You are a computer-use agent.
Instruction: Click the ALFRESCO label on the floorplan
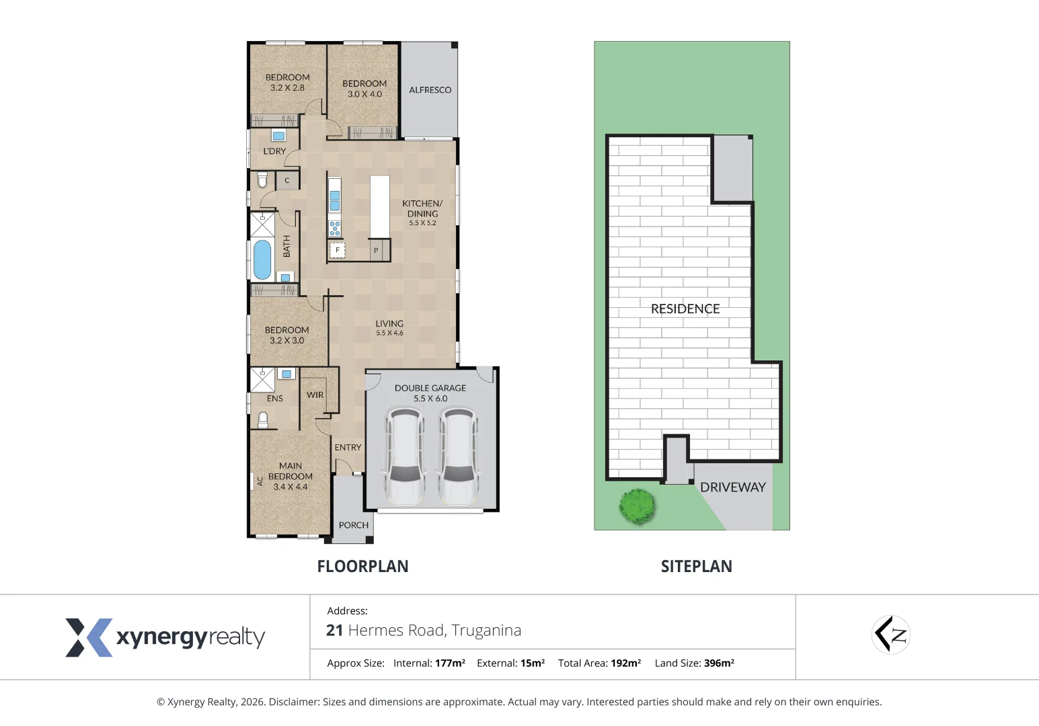point(430,90)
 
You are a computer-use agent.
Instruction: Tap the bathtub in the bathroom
point(262,259)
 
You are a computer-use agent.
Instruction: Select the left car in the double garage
point(404,457)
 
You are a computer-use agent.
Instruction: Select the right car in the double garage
point(458,457)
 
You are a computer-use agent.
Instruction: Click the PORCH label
point(354,525)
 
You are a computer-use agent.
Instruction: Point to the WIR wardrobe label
point(315,395)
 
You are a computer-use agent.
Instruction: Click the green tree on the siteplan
point(636,506)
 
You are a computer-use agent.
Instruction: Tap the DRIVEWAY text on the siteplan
point(732,487)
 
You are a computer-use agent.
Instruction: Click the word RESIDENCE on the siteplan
point(685,309)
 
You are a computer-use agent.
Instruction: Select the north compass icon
point(890,635)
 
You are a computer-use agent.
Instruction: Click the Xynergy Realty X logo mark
point(88,637)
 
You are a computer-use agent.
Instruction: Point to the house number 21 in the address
point(334,631)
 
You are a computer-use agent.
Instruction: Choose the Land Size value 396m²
point(718,663)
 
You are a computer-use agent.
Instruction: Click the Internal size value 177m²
point(450,663)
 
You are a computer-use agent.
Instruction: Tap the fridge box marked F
point(337,250)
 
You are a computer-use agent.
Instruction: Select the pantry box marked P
point(376,250)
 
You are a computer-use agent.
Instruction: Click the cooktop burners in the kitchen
point(334,228)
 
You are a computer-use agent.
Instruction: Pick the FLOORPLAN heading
point(362,567)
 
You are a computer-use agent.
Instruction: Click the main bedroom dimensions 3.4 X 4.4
point(290,487)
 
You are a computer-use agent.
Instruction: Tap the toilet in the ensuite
point(263,419)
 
